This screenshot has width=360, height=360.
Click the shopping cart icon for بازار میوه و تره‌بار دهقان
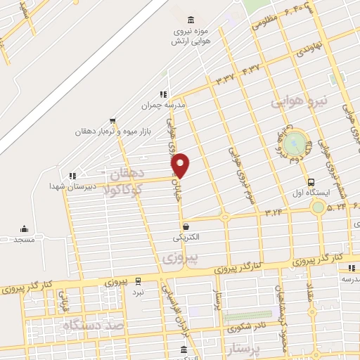click(113, 121)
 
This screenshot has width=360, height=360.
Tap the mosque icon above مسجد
click(24, 229)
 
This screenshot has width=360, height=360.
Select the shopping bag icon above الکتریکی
click(186, 226)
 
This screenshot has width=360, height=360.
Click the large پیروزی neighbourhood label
click(180, 258)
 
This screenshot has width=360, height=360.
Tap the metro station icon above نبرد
click(139, 281)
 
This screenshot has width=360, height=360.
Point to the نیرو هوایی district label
click(300, 102)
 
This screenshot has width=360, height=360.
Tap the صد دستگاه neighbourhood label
click(93, 326)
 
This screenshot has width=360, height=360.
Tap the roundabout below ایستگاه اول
click(318, 207)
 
